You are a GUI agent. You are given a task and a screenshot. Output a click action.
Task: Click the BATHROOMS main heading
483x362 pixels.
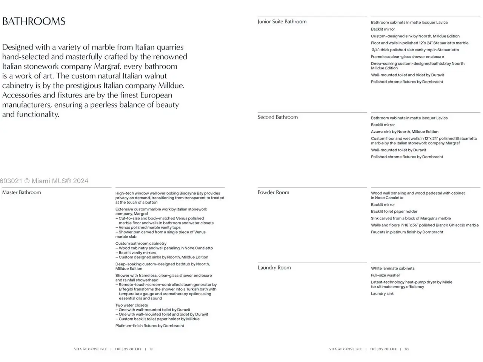34,21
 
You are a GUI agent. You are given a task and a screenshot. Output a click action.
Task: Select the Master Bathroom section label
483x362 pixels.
22,192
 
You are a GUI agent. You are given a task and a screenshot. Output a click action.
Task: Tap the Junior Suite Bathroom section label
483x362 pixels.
282,21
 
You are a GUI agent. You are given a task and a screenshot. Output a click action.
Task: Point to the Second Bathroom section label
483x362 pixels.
277,117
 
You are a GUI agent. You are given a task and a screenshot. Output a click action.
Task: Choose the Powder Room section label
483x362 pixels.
273,192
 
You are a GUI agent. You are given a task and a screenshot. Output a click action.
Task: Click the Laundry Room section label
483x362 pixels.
274,268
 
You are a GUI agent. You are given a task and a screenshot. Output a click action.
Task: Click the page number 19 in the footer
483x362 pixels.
151,349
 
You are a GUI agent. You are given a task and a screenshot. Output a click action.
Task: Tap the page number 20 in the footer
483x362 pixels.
406,349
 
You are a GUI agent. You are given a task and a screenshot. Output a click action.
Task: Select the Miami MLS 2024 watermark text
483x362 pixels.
44,181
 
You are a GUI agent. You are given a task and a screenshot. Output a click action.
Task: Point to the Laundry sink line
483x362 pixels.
382,294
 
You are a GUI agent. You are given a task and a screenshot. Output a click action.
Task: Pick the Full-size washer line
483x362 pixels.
385,275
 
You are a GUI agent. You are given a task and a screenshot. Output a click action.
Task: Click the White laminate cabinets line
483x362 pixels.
392,268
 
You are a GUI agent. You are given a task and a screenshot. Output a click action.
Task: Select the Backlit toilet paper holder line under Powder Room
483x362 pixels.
394,212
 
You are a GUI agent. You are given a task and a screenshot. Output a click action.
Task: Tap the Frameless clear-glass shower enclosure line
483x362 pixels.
407,57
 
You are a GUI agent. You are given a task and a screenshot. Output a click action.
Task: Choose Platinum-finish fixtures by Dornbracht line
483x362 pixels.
149,326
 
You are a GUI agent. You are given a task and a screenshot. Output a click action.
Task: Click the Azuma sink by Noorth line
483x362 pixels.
405,132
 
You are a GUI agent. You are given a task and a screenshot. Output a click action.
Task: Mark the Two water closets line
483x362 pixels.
131,305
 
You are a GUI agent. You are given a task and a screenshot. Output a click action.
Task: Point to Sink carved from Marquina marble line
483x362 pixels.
411,218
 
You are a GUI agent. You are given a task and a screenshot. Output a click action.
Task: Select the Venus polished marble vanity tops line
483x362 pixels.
149,228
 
